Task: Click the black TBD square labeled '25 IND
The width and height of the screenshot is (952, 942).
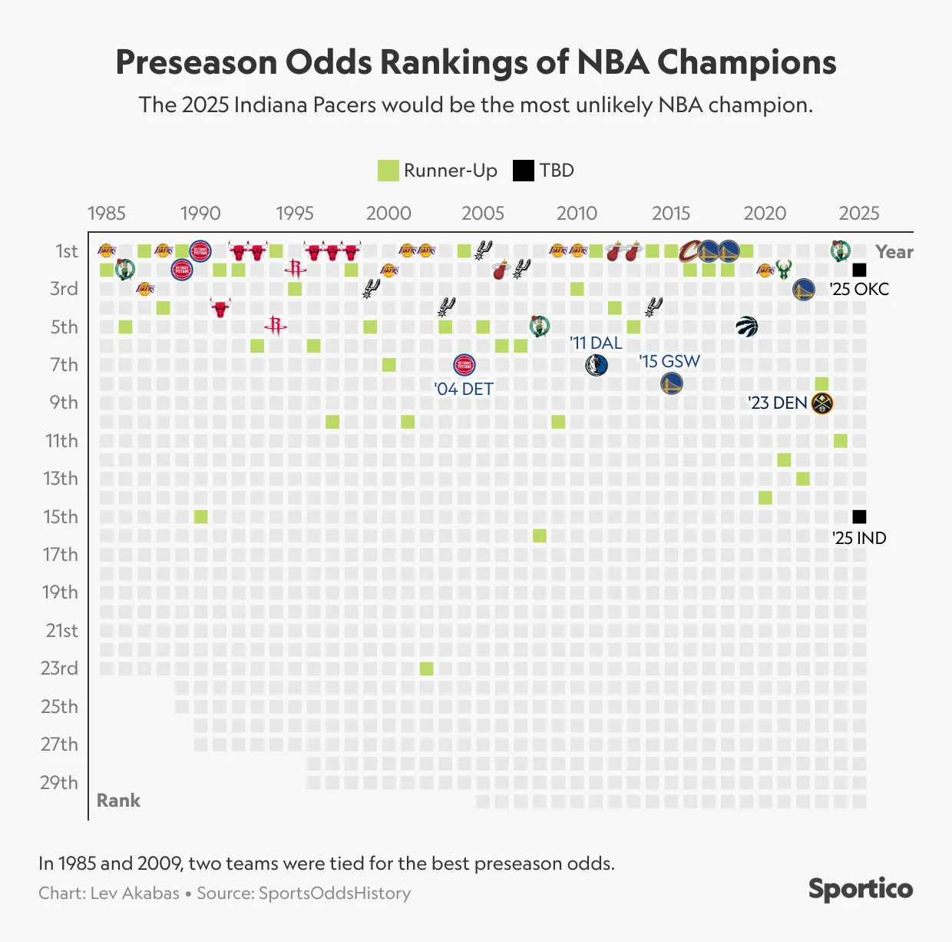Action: (x=859, y=516)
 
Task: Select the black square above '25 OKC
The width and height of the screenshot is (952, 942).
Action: (x=859, y=270)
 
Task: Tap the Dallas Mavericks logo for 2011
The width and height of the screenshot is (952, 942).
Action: (x=597, y=365)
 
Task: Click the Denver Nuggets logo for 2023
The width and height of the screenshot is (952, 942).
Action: (x=821, y=403)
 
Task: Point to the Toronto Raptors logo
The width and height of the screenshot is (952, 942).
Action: (x=746, y=327)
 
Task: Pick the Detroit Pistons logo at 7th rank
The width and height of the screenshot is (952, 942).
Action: (x=464, y=365)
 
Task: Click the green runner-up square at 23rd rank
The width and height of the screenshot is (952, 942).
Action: (x=427, y=668)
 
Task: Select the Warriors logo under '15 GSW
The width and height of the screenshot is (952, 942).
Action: (x=672, y=383)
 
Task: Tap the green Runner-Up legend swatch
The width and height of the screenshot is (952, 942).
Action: (x=388, y=171)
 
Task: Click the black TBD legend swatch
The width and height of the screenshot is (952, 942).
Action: (x=524, y=171)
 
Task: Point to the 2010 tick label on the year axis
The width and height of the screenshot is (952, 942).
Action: (x=577, y=213)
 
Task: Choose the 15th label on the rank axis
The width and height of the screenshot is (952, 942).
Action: (x=61, y=516)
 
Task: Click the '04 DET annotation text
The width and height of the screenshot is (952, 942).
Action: (x=464, y=389)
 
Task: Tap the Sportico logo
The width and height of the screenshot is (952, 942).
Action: (x=860, y=889)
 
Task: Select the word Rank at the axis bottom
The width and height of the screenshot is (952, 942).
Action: (x=118, y=801)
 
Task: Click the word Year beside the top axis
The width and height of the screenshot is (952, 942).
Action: (x=894, y=251)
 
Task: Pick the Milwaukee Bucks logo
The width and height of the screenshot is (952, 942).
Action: (x=784, y=270)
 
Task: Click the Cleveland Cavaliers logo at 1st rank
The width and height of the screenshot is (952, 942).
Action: (x=690, y=250)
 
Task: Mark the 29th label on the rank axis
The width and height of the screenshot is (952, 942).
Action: (x=59, y=782)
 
